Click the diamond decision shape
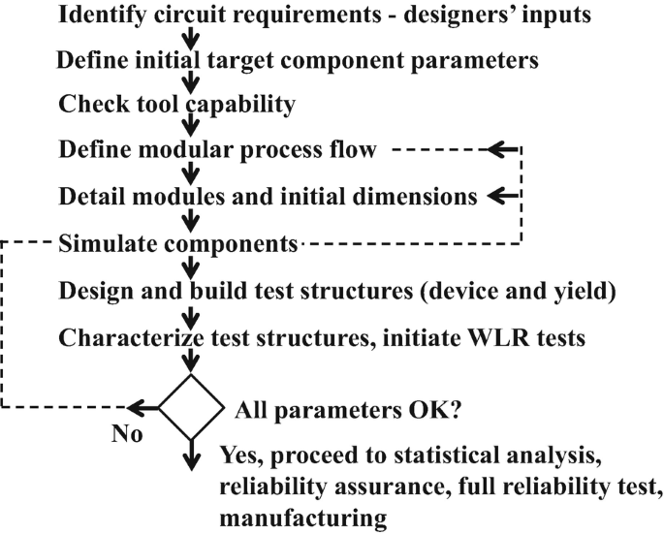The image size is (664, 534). [x=192, y=408]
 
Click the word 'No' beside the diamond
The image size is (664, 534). [x=127, y=433]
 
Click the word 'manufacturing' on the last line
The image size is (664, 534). [x=303, y=518]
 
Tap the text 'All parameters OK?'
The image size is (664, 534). [x=348, y=409]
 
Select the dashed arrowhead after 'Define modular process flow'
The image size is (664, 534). [x=502, y=150]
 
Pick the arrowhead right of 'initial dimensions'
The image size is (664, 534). [x=500, y=196]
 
